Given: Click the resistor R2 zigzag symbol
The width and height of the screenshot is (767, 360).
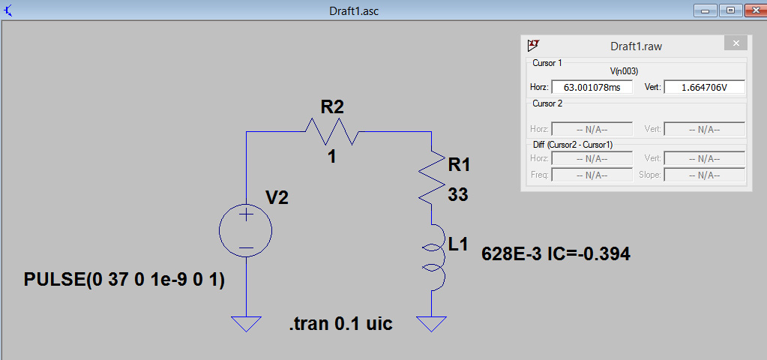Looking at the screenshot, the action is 333,131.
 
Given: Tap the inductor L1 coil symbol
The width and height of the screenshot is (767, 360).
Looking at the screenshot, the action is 434,256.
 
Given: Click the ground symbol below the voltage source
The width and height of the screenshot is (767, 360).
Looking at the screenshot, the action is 246,323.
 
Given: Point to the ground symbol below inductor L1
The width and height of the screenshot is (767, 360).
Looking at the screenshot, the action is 431,323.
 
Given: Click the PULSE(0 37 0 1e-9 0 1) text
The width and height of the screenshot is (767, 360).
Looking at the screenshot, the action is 124,280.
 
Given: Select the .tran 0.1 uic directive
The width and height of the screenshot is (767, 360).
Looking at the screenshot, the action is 341,323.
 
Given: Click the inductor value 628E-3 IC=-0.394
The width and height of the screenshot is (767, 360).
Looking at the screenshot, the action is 556,253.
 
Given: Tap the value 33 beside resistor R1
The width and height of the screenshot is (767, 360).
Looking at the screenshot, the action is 458,195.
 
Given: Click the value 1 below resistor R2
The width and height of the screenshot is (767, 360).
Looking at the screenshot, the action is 332,157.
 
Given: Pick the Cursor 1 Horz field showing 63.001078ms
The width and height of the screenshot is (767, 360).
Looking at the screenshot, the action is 592,87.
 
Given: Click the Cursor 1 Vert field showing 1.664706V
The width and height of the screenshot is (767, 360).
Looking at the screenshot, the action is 704,87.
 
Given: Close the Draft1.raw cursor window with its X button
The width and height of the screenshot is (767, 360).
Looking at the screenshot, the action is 736,43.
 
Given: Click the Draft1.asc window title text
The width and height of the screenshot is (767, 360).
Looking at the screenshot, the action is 354,10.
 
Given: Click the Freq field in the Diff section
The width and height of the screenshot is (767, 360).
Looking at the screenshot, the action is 592,175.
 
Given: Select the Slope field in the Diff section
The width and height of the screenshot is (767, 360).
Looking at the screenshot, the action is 704,175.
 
